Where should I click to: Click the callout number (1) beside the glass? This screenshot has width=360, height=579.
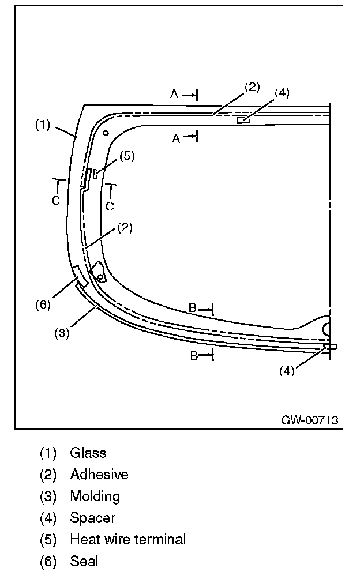[43, 124]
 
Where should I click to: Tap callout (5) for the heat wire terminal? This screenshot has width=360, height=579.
[127, 156]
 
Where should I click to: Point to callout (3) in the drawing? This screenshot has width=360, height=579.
[62, 333]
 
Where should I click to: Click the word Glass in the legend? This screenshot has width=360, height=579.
[88, 453]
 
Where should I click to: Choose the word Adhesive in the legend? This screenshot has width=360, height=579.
[99, 475]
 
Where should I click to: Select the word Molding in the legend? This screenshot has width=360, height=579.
[95, 496]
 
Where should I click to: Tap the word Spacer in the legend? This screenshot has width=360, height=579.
[92, 518]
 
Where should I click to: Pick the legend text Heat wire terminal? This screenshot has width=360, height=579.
[128, 539]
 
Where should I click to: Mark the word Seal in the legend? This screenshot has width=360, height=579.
[84, 561]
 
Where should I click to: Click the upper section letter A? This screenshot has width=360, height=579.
[174, 94]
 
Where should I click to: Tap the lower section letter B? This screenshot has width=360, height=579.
[194, 356]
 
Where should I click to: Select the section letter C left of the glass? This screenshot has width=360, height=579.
[55, 200]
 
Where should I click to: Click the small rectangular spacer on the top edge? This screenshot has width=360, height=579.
[243, 120]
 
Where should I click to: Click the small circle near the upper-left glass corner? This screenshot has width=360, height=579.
[106, 133]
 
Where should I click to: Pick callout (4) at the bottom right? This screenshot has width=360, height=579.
[287, 371]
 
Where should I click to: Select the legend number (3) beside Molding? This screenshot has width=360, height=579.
[48, 496]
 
